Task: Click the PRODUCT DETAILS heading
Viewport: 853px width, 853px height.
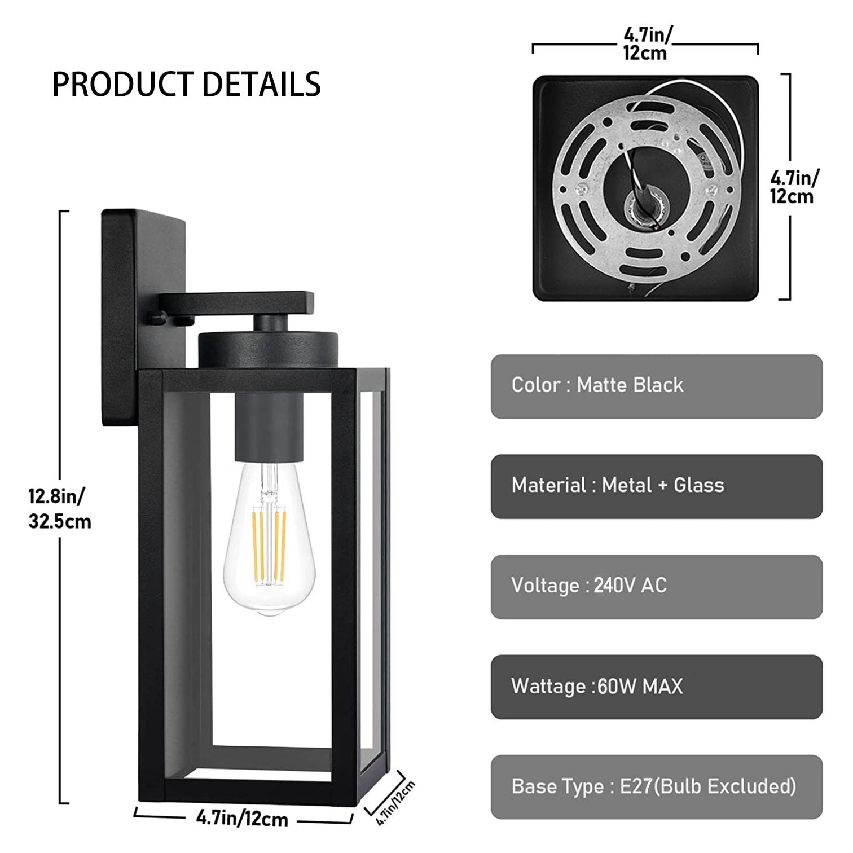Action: point(186,85)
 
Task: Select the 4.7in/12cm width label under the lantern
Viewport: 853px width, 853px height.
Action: point(242,819)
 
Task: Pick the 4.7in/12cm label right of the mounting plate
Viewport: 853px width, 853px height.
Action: point(794,187)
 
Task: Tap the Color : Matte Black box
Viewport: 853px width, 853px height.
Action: point(656,386)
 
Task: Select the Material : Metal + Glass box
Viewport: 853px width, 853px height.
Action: point(656,486)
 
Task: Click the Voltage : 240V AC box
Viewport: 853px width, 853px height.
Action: point(656,587)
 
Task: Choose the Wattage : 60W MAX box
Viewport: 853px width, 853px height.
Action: point(656,687)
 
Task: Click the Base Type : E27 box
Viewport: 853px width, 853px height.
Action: point(656,787)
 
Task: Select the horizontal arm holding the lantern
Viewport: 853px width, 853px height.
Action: point(237,302)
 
